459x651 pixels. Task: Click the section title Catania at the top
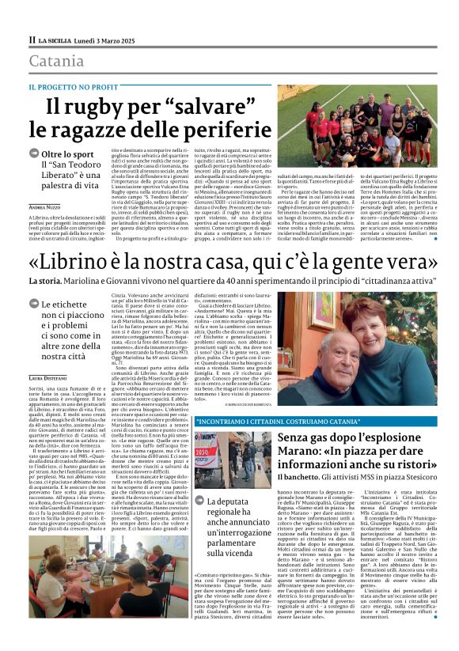56,61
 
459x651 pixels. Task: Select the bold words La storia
47,281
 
